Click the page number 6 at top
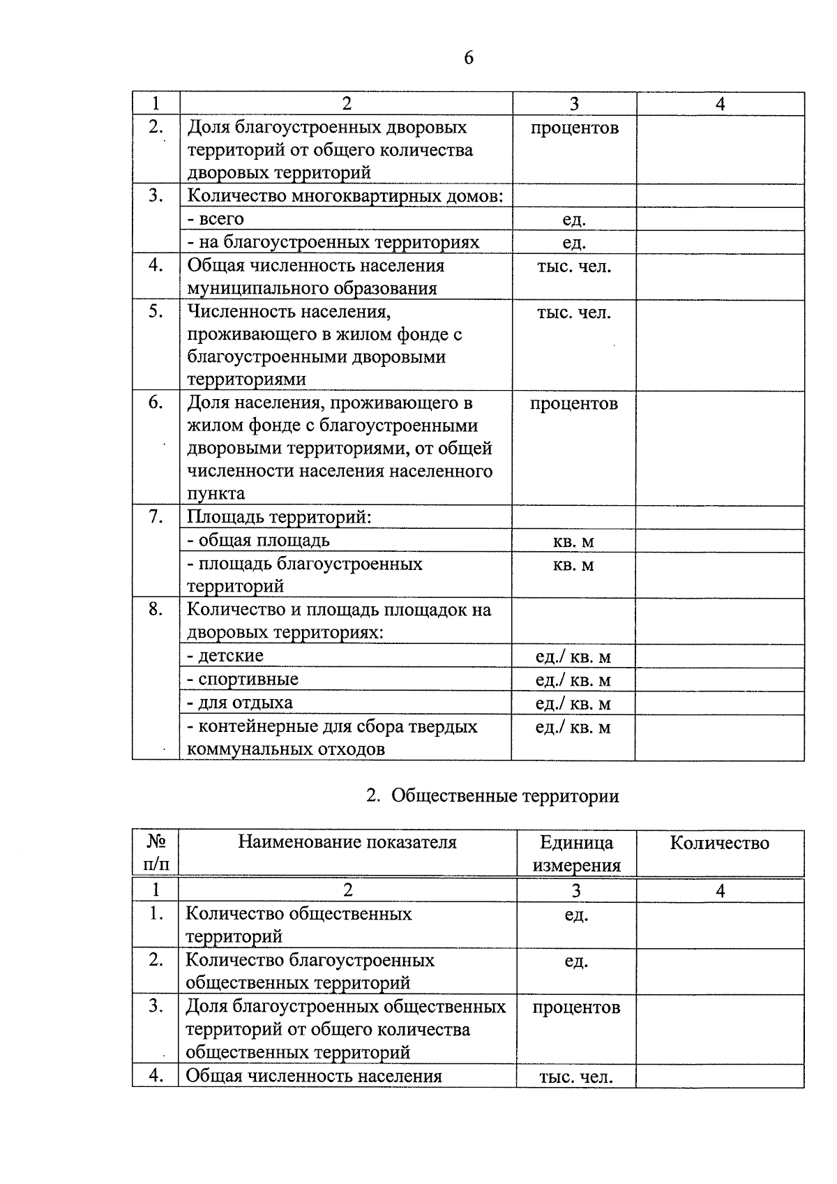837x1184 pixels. point(468,58)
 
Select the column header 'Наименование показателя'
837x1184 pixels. point(347,842)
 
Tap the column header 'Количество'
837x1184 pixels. point(719,843)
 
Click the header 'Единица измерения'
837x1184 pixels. point(576,854)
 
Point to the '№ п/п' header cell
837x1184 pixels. point(156,853)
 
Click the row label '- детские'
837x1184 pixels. point(225,656)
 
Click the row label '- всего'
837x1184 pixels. point(216,219)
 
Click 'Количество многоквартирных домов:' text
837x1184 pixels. point(345,196)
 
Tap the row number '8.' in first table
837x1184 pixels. point(156,609)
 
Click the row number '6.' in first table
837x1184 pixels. point(156,403)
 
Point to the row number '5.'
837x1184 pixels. point(156,311)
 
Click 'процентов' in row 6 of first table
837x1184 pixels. point(573,403)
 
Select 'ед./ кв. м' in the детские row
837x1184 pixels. point(573,657)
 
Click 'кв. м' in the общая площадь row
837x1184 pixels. point(573,541)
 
